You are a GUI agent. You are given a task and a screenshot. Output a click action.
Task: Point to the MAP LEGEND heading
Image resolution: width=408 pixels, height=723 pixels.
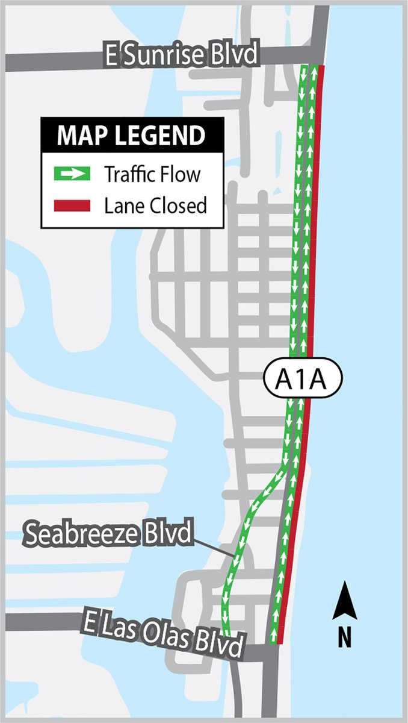pos(131,136)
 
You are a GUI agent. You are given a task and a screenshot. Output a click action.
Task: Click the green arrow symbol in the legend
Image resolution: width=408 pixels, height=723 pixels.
pos(72,175)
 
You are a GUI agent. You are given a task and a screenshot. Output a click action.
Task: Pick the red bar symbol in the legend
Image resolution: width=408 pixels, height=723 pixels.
pos(72,206)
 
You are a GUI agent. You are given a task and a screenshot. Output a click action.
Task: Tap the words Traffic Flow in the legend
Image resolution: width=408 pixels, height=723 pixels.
pos(152,175)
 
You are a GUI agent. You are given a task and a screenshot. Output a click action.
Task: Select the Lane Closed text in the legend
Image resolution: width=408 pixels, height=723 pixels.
pos(155,206)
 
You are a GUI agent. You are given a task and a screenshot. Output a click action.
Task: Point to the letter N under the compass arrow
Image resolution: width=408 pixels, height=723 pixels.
pos(344,637)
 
